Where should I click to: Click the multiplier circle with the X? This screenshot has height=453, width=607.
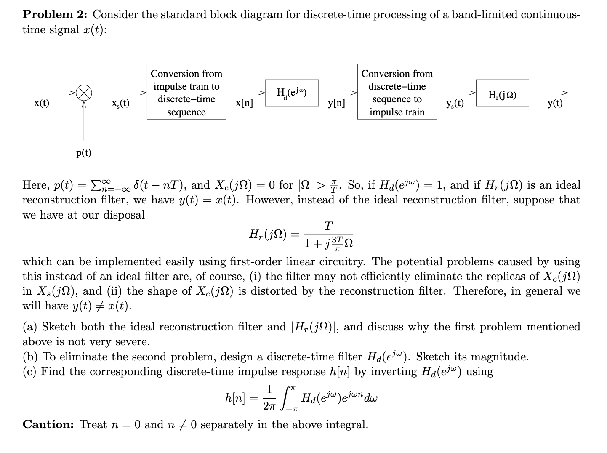(x=84, y=93)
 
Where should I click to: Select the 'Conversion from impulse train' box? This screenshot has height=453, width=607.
(x=186, y=92)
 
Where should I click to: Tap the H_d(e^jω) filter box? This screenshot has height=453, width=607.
(x=292, y=93)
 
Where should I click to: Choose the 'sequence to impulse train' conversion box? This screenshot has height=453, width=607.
(x=397, y=92)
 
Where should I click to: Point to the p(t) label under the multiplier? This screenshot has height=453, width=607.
(x=84, y=152)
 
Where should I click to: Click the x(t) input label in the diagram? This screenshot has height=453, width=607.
(x=42, y=103)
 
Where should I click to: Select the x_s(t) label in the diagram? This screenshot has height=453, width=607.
(x=120, y=103)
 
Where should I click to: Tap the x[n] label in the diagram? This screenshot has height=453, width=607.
(x=245, y=103)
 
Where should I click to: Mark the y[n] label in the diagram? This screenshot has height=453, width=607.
(x=336, y=103)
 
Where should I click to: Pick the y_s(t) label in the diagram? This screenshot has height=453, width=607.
(x=455, y=103)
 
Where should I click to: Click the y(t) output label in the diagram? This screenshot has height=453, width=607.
(x=555, y=103)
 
